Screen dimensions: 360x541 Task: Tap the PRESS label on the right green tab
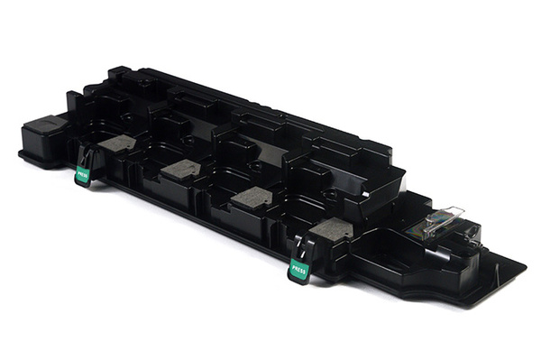click(x=298, y=269)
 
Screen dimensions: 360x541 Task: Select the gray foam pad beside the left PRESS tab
click(x=116, y=143)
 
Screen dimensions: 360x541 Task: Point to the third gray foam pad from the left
click(x=252, y=198)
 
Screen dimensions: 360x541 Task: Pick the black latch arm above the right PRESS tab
click(x=305, y=245)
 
